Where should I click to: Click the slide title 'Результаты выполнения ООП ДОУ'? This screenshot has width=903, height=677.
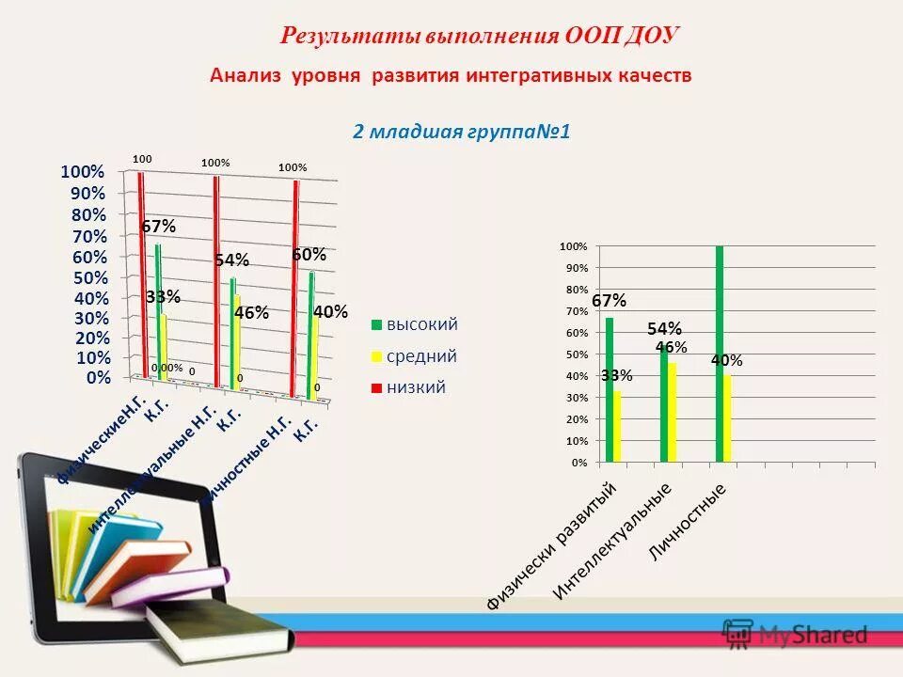click(x=480, y=36)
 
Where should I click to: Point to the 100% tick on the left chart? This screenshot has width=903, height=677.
click(x=83, y=172)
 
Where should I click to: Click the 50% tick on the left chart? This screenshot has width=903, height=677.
click(x=87, y=278)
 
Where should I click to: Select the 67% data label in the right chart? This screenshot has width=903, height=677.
click(x=609, y=301)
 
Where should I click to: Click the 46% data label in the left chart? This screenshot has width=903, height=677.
click(x=251, y=313)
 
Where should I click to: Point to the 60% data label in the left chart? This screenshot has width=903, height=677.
click(x=309, y=255)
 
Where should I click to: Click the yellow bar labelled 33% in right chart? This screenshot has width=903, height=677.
click(x=617, y=427)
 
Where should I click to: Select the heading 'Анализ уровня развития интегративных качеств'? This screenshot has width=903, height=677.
click(x=451, y=76)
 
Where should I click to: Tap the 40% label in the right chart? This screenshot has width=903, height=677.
click(x=727, y=360)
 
